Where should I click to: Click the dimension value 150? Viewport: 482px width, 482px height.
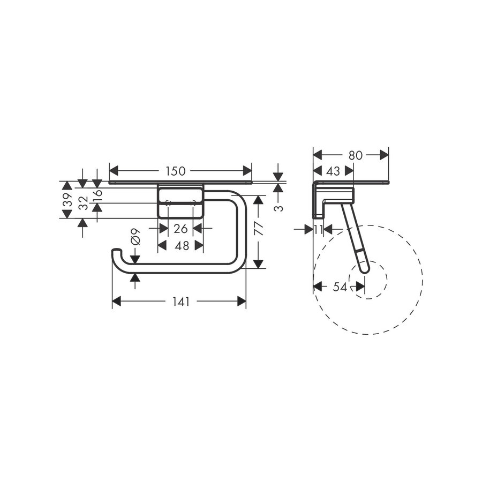[x=175, y=171]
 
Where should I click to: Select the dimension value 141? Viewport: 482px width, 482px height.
[x=181, y=302]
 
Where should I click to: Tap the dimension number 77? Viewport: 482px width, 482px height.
[x=258, y=230]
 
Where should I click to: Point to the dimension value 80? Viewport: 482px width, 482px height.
[x=355, y=155]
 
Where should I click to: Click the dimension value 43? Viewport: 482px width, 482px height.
[x=333, y=171]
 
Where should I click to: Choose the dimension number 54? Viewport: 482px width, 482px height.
[x=340, y=287]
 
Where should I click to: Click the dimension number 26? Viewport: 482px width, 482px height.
[x=180, y=229]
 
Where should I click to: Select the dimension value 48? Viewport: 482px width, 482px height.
[x=180, y=245]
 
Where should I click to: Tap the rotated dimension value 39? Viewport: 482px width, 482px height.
[x=67, y=200]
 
